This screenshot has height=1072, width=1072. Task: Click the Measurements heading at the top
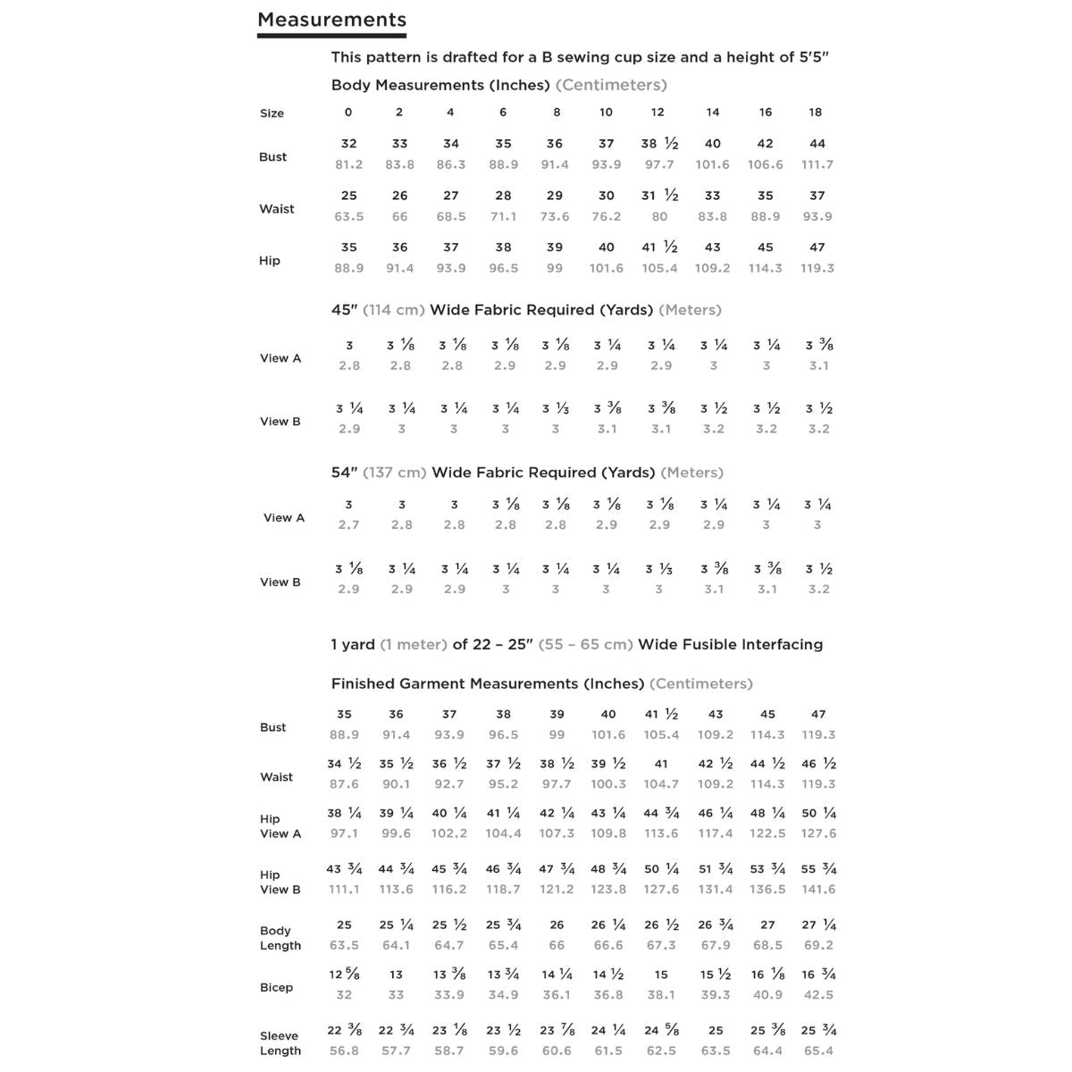[x=331, y=20]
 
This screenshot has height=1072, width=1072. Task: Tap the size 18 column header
[x=816, y=113]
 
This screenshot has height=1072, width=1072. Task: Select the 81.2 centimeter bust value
[x=348, y=164]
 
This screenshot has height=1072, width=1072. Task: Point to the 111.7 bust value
[x=817, y=164]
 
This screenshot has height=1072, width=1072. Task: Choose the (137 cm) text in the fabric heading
[x=394, y=473]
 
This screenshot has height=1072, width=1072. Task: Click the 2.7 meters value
[x=348, y=525]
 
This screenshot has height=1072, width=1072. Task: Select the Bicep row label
[x=276, y=987]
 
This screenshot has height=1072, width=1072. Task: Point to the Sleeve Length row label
[x=280, y=1043]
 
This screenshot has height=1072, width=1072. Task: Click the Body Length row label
[x=280, y=938]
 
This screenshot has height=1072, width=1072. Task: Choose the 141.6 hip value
[x=818, y=890]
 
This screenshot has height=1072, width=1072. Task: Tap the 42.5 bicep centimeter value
[x=818, y=994]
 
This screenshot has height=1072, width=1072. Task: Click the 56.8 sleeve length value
[x=344, y=1051]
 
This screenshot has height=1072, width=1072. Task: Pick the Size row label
[x=272, y=113]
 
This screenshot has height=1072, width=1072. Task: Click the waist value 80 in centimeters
[x=659, y=216]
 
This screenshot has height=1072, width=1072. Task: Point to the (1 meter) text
[x=414, y=644]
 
